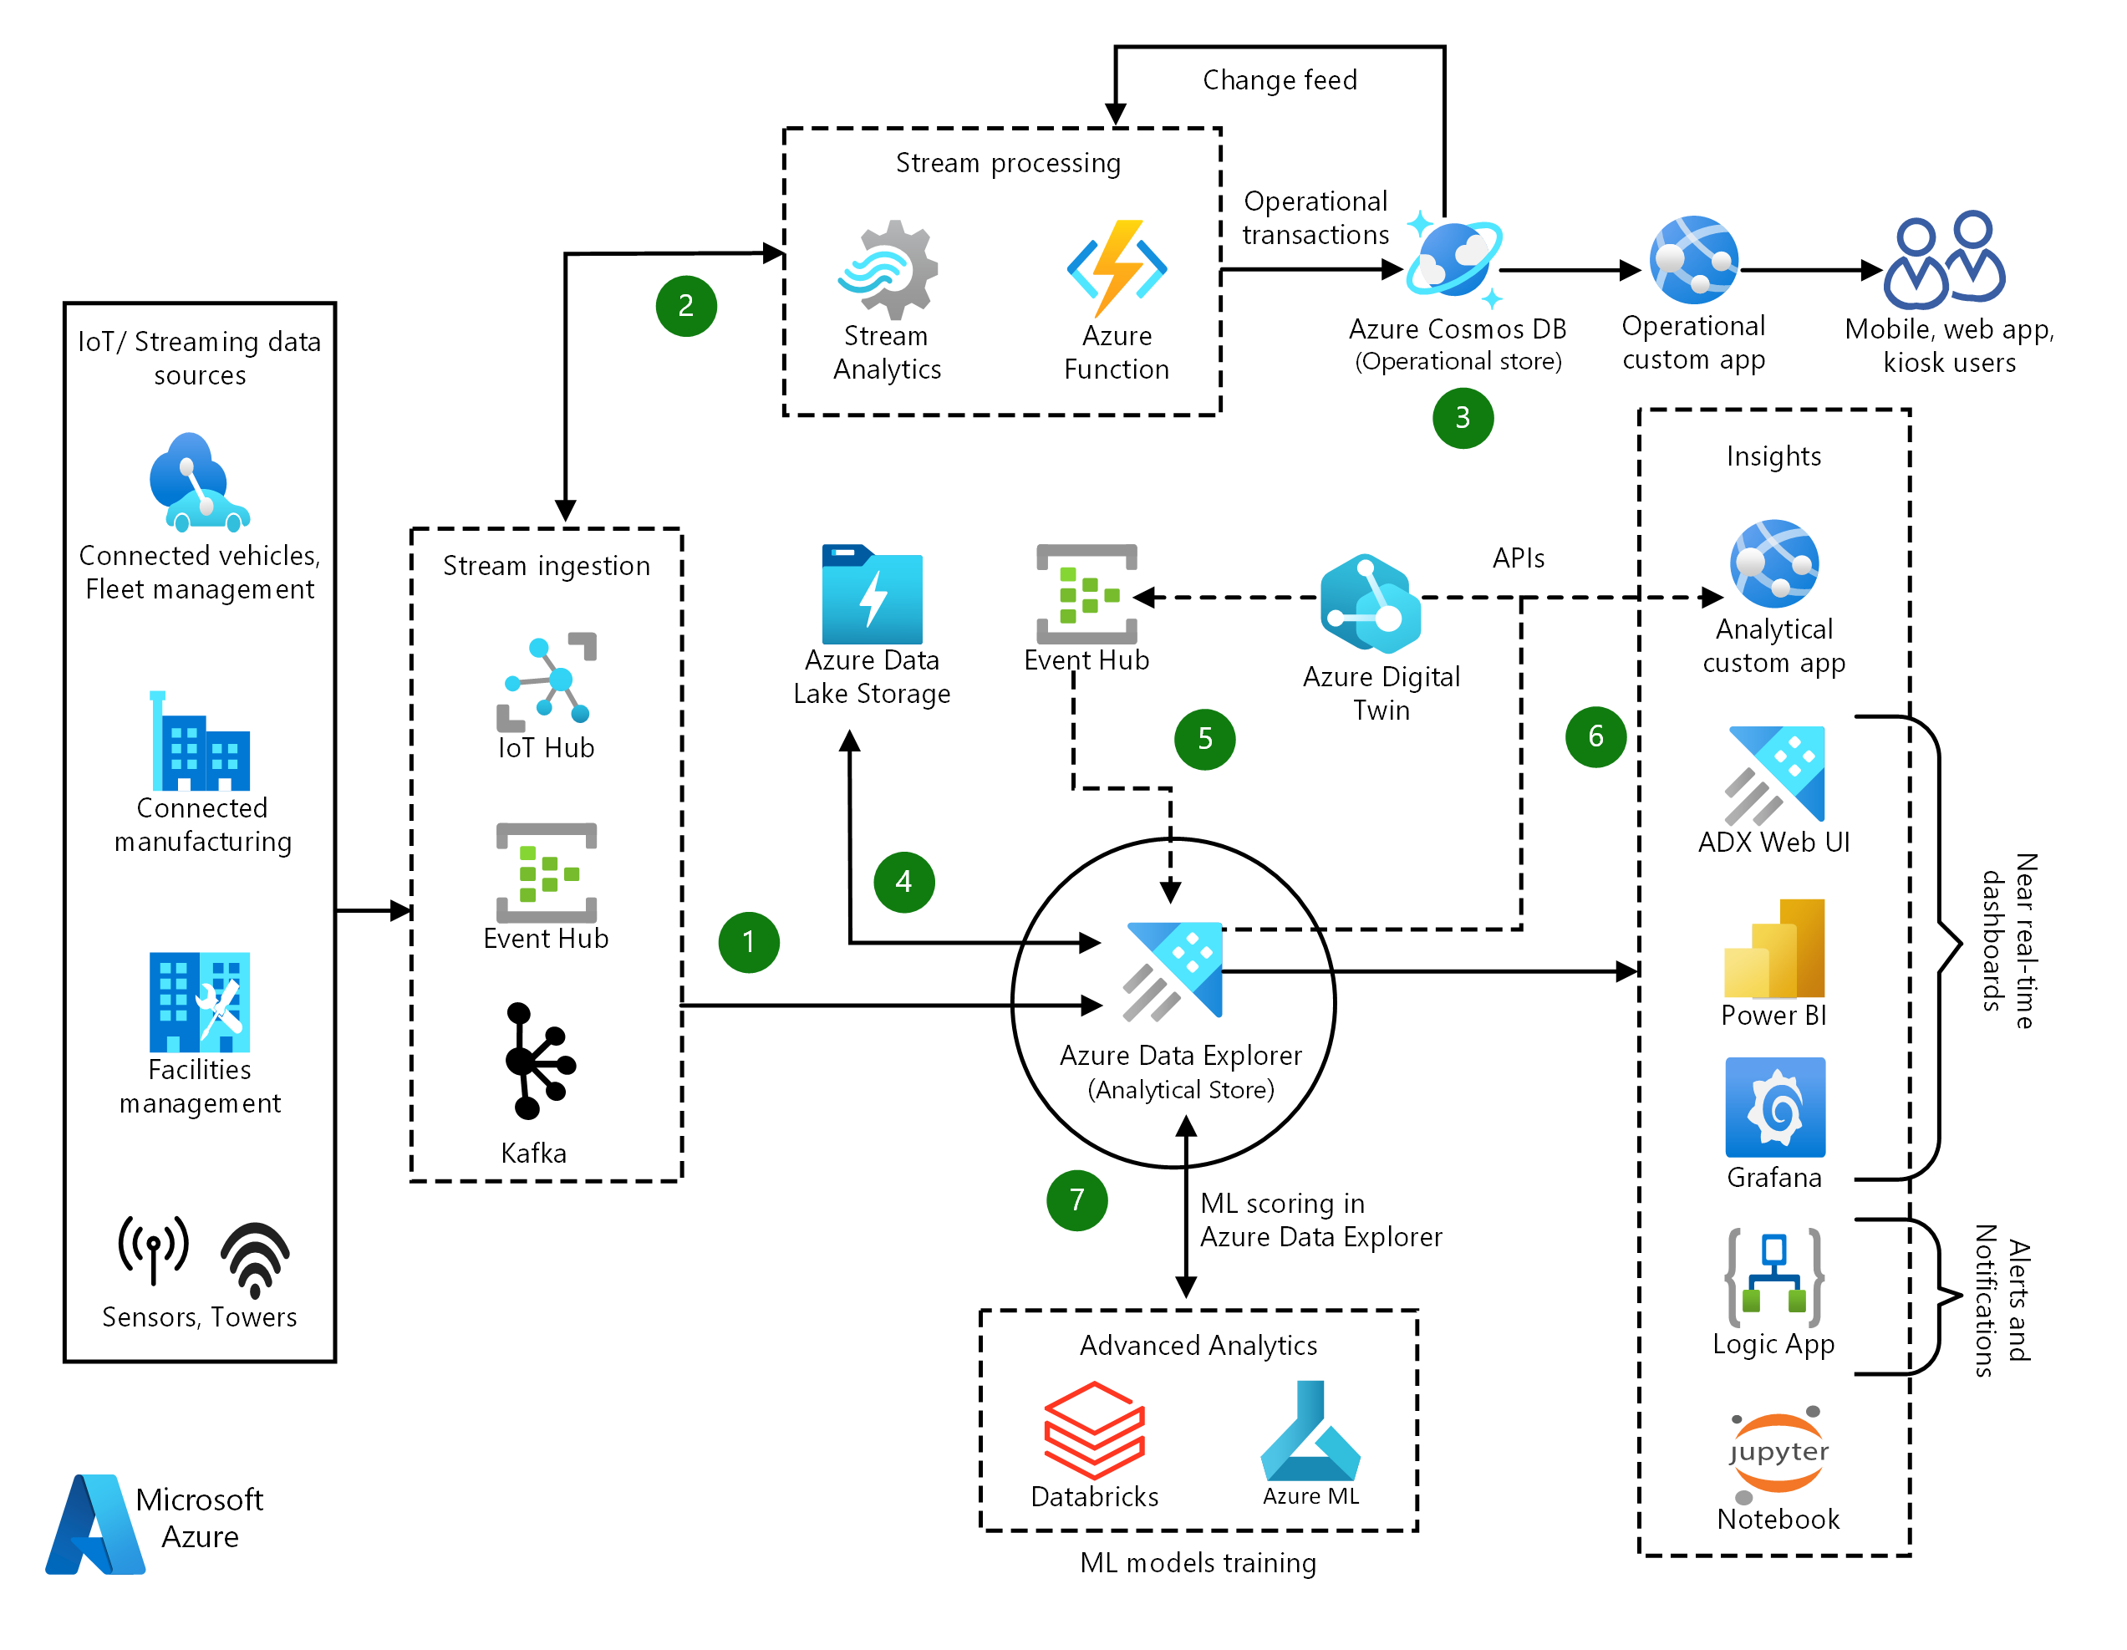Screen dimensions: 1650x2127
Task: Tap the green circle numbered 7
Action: coord(1076,1200)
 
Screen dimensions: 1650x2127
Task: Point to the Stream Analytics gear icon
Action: coord(888,270)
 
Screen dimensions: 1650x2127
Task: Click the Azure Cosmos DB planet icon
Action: coord(1454,260)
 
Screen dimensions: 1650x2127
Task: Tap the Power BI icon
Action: coord(1773,949)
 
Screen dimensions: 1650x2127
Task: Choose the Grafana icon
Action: coord(1774,1108)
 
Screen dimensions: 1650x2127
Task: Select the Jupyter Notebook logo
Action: coord(1778,1454)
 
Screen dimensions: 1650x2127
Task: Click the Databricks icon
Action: coord(1094,1430)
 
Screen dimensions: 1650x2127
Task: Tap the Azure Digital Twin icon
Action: coord(1371,603)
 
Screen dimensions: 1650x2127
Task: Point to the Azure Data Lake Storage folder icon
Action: coord(872,594)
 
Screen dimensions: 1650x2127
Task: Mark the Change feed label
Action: coord(1279,80)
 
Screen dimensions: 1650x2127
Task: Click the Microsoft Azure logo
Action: coord(95,1524)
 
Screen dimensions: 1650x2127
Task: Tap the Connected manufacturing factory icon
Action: coord(201,742)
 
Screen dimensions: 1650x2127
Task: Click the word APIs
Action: coord(1519,558)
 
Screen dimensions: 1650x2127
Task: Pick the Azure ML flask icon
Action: coord(1310,1430)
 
